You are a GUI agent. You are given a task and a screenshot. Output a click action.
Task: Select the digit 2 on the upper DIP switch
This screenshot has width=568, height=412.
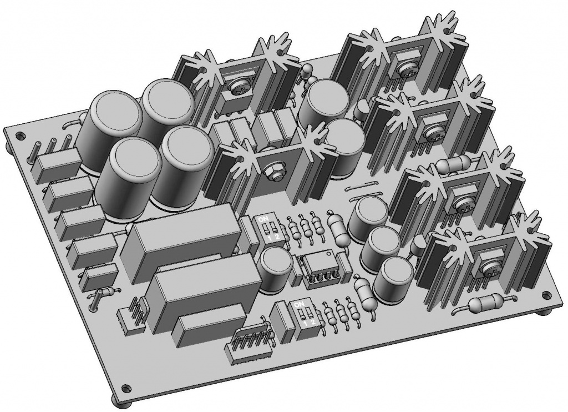click(x=277, y=238)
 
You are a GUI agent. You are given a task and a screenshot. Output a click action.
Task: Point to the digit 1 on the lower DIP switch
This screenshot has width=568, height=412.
click(x=306, y=322)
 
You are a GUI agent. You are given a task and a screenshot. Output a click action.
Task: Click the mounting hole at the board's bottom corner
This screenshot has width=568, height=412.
click(x=126, y=388)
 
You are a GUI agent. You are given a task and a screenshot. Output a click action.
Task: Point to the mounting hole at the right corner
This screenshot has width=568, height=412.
click(x=546, y=295)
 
